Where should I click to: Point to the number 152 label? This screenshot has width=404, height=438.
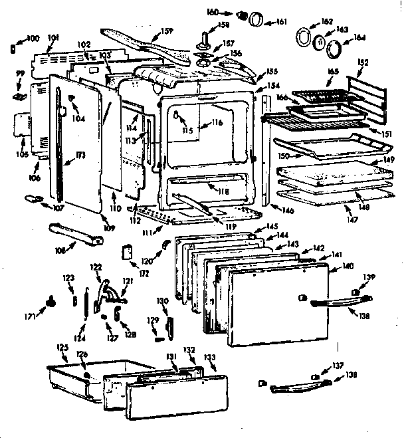(363, 63)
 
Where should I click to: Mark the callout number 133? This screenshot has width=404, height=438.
(209, 358)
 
